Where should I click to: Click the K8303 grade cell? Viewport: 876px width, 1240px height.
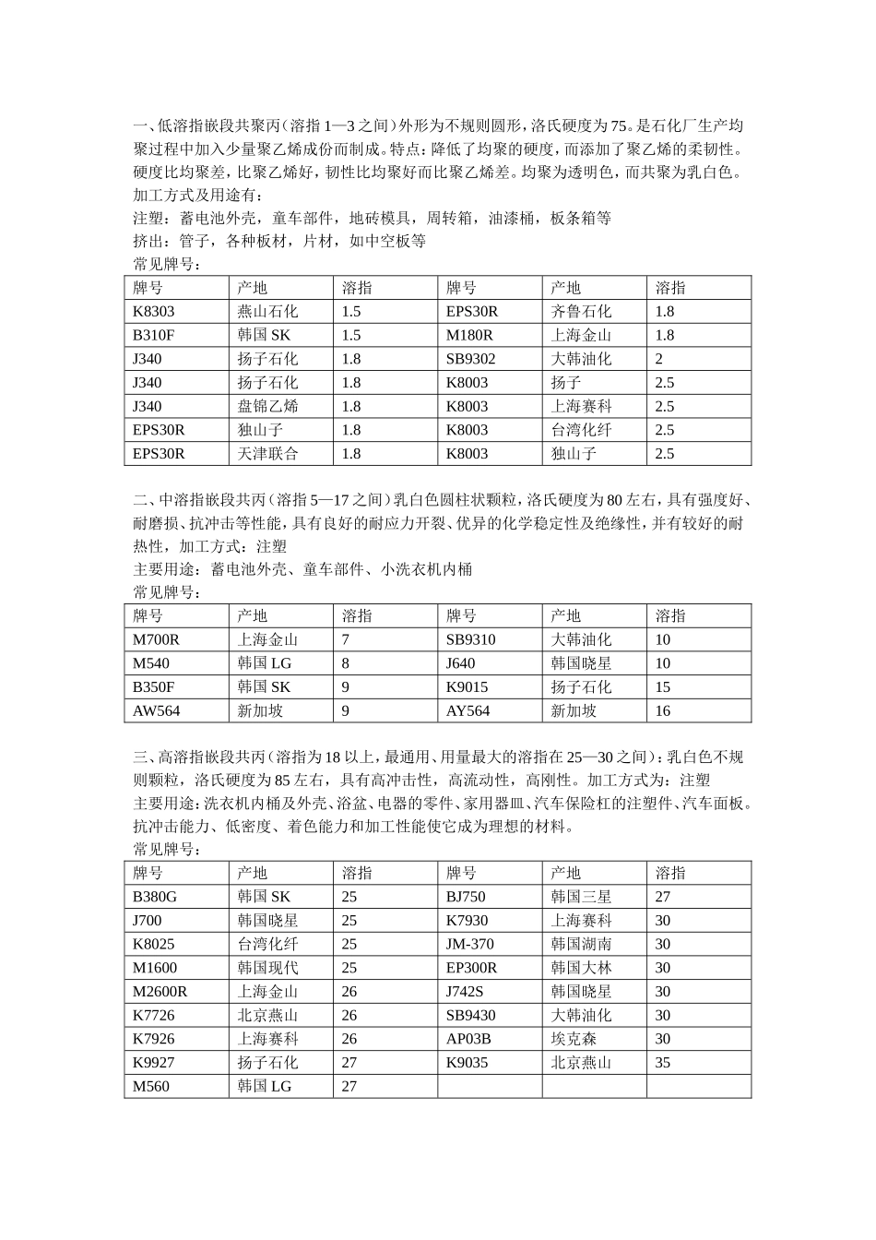click(x=154, y=312)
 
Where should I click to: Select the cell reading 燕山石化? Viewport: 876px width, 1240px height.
click(x=267, y=312)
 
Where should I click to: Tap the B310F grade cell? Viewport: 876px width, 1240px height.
click(x=154, y=336)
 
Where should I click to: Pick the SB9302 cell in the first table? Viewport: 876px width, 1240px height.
click(x=471, y=359)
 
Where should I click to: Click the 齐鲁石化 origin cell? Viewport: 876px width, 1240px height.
click(x=581, y=312)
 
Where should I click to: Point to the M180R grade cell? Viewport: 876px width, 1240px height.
click(x=470, y=336)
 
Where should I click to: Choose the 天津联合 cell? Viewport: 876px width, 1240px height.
click(x=267, y=454)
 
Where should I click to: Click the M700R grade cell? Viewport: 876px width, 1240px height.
click(x=157, y=639)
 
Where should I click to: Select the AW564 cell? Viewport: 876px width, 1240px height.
click(x=157, y=710)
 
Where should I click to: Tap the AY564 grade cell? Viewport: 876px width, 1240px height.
click(x=468, y=710)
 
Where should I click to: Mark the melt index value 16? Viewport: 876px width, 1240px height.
click(x=663, y=710)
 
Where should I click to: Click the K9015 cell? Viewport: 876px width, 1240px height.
click(x=468, y=687)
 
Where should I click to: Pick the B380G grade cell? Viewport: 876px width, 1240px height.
click(x=155, y=897)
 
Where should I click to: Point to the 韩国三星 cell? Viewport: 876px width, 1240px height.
click(x=581, y=897)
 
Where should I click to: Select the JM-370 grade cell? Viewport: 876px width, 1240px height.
click(x=470, y=944)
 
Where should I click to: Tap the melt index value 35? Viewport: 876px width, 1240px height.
click(x=663, y=1063)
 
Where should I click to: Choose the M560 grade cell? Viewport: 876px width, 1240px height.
click(x=151, y=1086)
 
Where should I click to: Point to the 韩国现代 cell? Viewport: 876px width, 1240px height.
click(x=267, y=968)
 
